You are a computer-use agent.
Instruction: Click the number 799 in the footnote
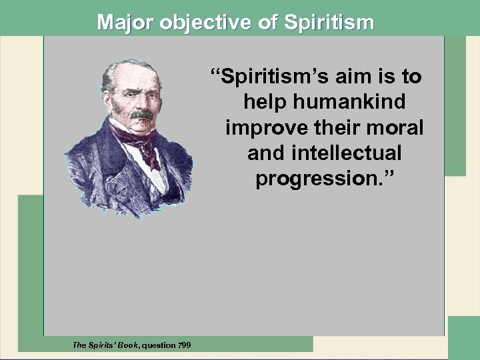[x=182, y=345]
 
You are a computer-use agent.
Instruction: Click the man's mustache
[x=141, y=115]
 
